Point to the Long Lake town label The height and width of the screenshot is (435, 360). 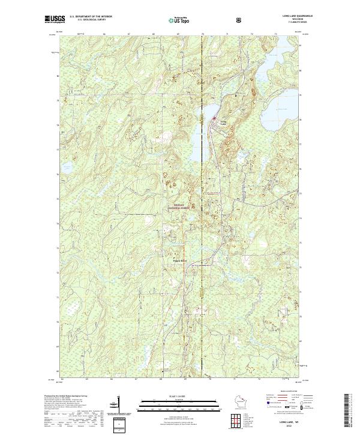[x=223, y=122]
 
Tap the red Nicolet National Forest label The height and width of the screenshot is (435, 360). [x=182, y=206]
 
